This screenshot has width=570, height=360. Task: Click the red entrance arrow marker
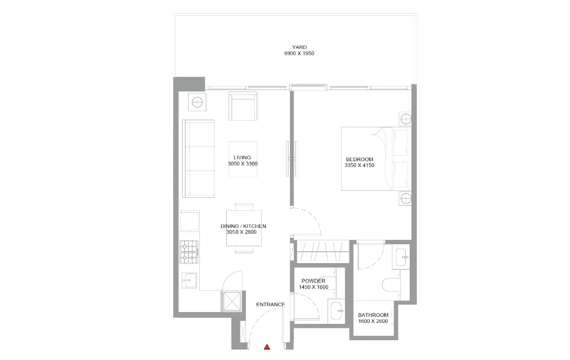tap(267, 347)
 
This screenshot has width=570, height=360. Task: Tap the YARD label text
tap(299, 47)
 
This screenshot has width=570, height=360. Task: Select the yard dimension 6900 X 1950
tap(299, 53)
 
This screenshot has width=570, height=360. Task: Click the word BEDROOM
tap(359, 159)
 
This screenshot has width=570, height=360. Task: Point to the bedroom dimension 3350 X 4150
tap(359, 166)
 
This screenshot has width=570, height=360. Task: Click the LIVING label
tap(242, 158)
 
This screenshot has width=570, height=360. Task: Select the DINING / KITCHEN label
tap(243, 226)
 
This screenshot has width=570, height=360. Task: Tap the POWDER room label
tap(313, 280)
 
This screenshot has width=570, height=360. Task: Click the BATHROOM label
tap(373, 315)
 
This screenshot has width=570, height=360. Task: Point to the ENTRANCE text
tap(271, 305)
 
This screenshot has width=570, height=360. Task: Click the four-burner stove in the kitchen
tap(189, 252)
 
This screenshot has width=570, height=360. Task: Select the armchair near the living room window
tap(242, 106)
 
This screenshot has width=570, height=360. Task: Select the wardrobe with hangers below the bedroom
tap(323, 251)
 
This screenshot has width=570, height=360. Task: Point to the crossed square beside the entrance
tap(232, 301)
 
